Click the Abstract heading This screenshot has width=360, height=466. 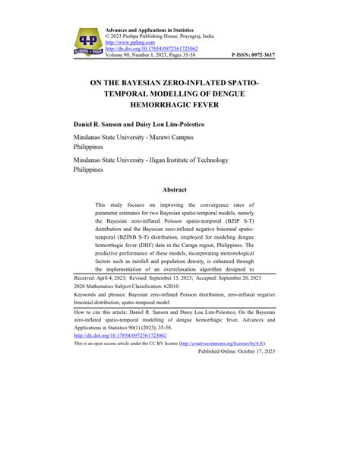[179, 190]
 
